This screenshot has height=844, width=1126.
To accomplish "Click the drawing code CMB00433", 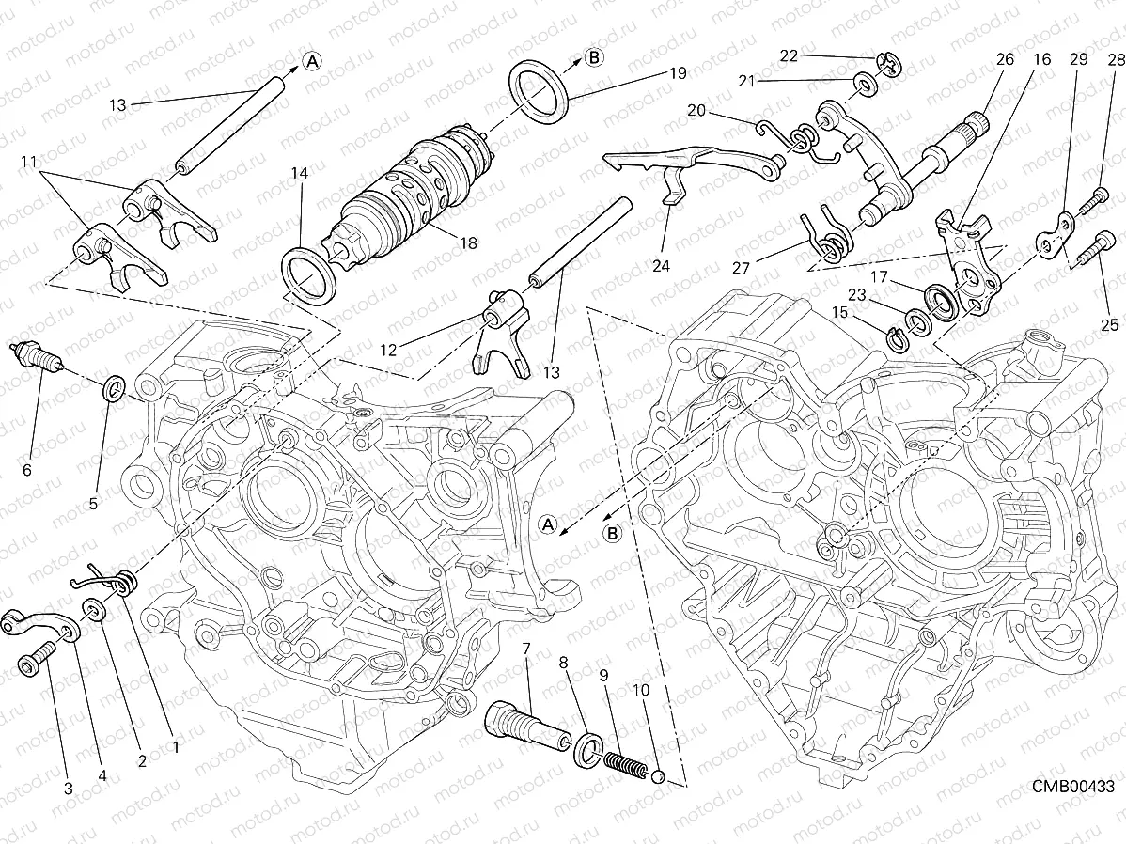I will (x=1072, y=786).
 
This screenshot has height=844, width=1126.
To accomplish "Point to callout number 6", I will (x=26, y=469).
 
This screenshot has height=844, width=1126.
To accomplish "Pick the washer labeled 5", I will (x=113, y=386).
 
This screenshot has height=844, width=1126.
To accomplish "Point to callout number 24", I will (x=661, y=266).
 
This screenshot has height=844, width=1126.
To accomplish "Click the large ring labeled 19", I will (x=539, y=91).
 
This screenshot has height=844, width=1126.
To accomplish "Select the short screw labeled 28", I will (x=1097, y=198).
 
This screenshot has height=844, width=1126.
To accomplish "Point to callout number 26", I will (x=1005, y=58).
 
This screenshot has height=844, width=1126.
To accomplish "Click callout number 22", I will (x=789, y=55).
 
